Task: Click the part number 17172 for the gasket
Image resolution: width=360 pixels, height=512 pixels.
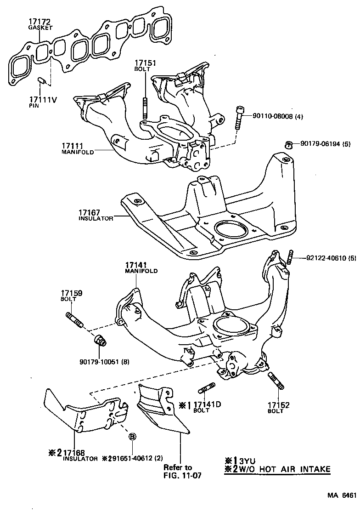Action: coord(39,21)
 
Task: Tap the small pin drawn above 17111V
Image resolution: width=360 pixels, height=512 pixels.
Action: coord(41,81)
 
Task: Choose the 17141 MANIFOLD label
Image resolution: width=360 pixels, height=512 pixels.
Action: coord(141,267)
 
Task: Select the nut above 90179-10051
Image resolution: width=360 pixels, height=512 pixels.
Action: coord(100,341)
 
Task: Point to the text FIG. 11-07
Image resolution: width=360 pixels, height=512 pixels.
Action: coord(183,476)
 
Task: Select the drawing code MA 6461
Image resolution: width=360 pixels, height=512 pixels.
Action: coord(342,495)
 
